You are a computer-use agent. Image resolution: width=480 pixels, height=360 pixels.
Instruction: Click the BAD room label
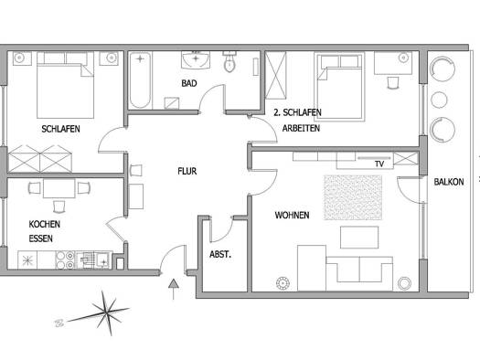coord(189,83)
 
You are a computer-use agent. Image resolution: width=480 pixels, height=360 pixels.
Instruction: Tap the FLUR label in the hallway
coord(187,171)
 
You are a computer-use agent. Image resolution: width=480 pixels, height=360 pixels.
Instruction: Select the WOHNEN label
coord(292,216)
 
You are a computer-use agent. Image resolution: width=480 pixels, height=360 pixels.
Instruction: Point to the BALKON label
coord(449,182)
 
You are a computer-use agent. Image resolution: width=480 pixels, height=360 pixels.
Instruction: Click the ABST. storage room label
coord(220,254)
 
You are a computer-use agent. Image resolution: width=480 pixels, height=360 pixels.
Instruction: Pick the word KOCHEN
coord(45,224)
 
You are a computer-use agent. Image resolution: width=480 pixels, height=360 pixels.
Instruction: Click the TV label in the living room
coord(379,164)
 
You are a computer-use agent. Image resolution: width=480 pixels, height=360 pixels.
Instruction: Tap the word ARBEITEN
coord(301,128)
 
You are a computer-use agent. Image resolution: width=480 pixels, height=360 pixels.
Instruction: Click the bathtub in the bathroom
coord(140,80)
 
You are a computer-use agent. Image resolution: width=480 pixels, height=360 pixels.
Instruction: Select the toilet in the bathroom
coord(229,61)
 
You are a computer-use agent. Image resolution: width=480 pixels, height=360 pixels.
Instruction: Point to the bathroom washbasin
coord(196,59)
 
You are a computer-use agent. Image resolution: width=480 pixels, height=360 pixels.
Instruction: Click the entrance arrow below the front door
coord(174,289)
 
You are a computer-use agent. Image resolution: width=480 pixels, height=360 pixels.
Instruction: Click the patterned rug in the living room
coord(353,197)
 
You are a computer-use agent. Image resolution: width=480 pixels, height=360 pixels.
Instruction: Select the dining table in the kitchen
coord(59,189)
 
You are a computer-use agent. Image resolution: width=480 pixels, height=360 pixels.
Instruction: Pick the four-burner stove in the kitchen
coord(65,260)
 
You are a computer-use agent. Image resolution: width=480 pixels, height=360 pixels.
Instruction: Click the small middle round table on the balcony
coord(439,100)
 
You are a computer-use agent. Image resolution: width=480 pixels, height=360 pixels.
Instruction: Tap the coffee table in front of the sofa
coord(359,238)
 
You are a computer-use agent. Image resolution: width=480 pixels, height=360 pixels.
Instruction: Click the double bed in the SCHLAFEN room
coord(65,85)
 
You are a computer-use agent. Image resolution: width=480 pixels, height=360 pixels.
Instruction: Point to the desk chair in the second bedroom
coord(393,82)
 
